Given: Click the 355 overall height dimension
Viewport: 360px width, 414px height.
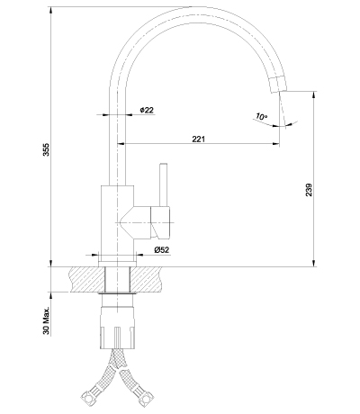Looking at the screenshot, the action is (x=46, y=149).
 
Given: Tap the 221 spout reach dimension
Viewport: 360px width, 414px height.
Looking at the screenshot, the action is (x=198, y=139).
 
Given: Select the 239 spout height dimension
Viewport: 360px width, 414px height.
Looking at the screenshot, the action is (x=309, y=190).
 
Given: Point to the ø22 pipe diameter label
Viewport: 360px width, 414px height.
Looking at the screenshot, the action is (x=147, y=110).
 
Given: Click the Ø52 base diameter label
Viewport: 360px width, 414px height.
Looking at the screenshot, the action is (x=162, y=249).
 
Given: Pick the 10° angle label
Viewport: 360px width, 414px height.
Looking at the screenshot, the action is (x=261, y=116).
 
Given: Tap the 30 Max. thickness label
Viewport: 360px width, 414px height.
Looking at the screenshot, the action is (x=46, y=320).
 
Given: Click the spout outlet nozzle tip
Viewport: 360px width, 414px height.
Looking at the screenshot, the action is (x=278, y=84).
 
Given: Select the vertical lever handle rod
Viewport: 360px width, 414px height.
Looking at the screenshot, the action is (x=163, y=185).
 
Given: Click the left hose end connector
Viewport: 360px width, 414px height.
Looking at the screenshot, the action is (x=88, y=397).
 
